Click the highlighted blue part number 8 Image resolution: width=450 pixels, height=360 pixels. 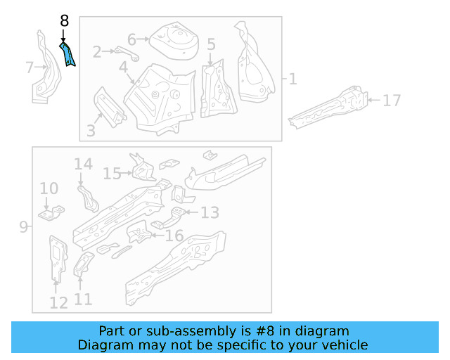[68, 54]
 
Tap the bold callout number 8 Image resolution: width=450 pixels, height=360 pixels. [64, 21]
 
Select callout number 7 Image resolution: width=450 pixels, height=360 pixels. [30, 67]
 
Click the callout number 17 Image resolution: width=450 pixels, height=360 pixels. [392, 101]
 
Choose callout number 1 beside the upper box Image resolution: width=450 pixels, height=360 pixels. [292, 79]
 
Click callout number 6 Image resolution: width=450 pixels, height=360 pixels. [131, 39]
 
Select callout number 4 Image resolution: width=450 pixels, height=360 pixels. [123, 67]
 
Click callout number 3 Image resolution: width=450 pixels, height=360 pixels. [91, 130]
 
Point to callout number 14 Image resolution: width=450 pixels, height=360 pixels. [83, 165]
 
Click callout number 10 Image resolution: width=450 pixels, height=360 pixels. [49, 188]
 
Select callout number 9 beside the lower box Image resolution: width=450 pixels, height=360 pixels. [23, 226]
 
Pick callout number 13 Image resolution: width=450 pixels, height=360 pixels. [210, 212]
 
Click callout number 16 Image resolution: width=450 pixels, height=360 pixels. [174, 236]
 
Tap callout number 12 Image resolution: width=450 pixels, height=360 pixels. [58, 302]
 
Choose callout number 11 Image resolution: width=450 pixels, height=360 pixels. [83, 300]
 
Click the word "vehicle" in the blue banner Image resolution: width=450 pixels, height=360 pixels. [342, 345]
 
